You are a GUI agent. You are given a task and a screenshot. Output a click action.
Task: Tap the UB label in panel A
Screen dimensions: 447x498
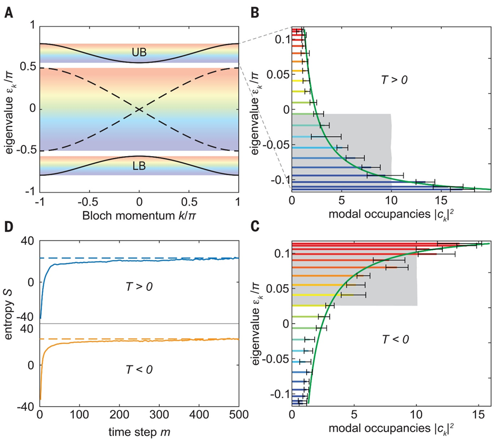pyautogui.click(x=139, y=53)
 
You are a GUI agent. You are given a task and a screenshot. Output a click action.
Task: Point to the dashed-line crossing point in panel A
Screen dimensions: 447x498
pyautogui.click(x=139, y=109)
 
